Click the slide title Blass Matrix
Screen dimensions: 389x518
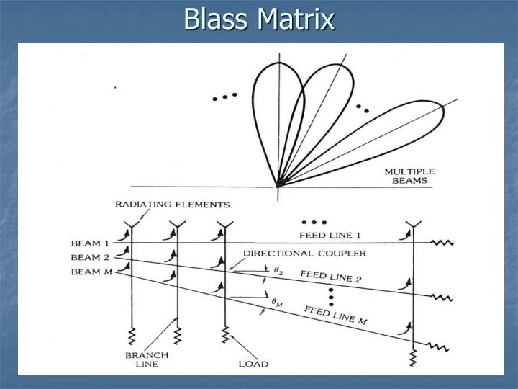click(x=259, y=19)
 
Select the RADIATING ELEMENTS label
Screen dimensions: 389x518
click(x=173, y=205)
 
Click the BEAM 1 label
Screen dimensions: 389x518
click(x=91, y=243)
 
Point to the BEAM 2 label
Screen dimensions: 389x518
click(x=91, y=257)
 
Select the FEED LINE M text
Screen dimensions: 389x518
click(x=335, y=316)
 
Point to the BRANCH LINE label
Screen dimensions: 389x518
click(x=148, y=359)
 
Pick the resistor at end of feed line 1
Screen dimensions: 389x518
click(x=442, y=243)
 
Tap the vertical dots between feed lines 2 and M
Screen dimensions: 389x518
click(x=332, y=295)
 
